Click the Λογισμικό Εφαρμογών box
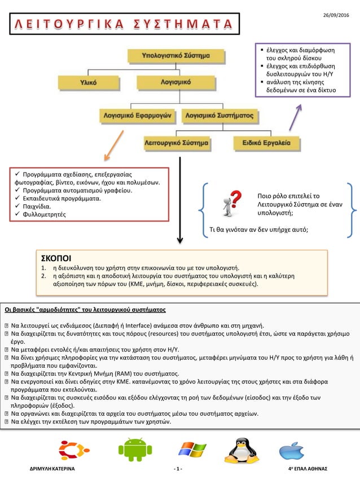(136, 115)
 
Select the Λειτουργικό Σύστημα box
(177, 143)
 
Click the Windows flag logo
(192, 450)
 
